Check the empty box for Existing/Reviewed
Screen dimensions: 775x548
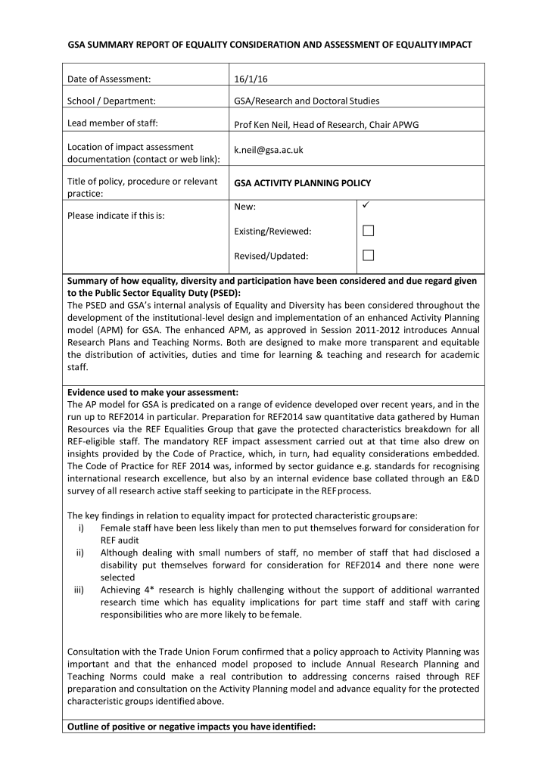click(369, 230)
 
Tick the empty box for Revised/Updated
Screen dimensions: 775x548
click(369, 255)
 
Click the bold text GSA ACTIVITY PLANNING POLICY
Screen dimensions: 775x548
click(292, 183)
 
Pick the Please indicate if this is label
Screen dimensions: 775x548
click(116, 215)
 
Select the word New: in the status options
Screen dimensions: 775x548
click(245, 206)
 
